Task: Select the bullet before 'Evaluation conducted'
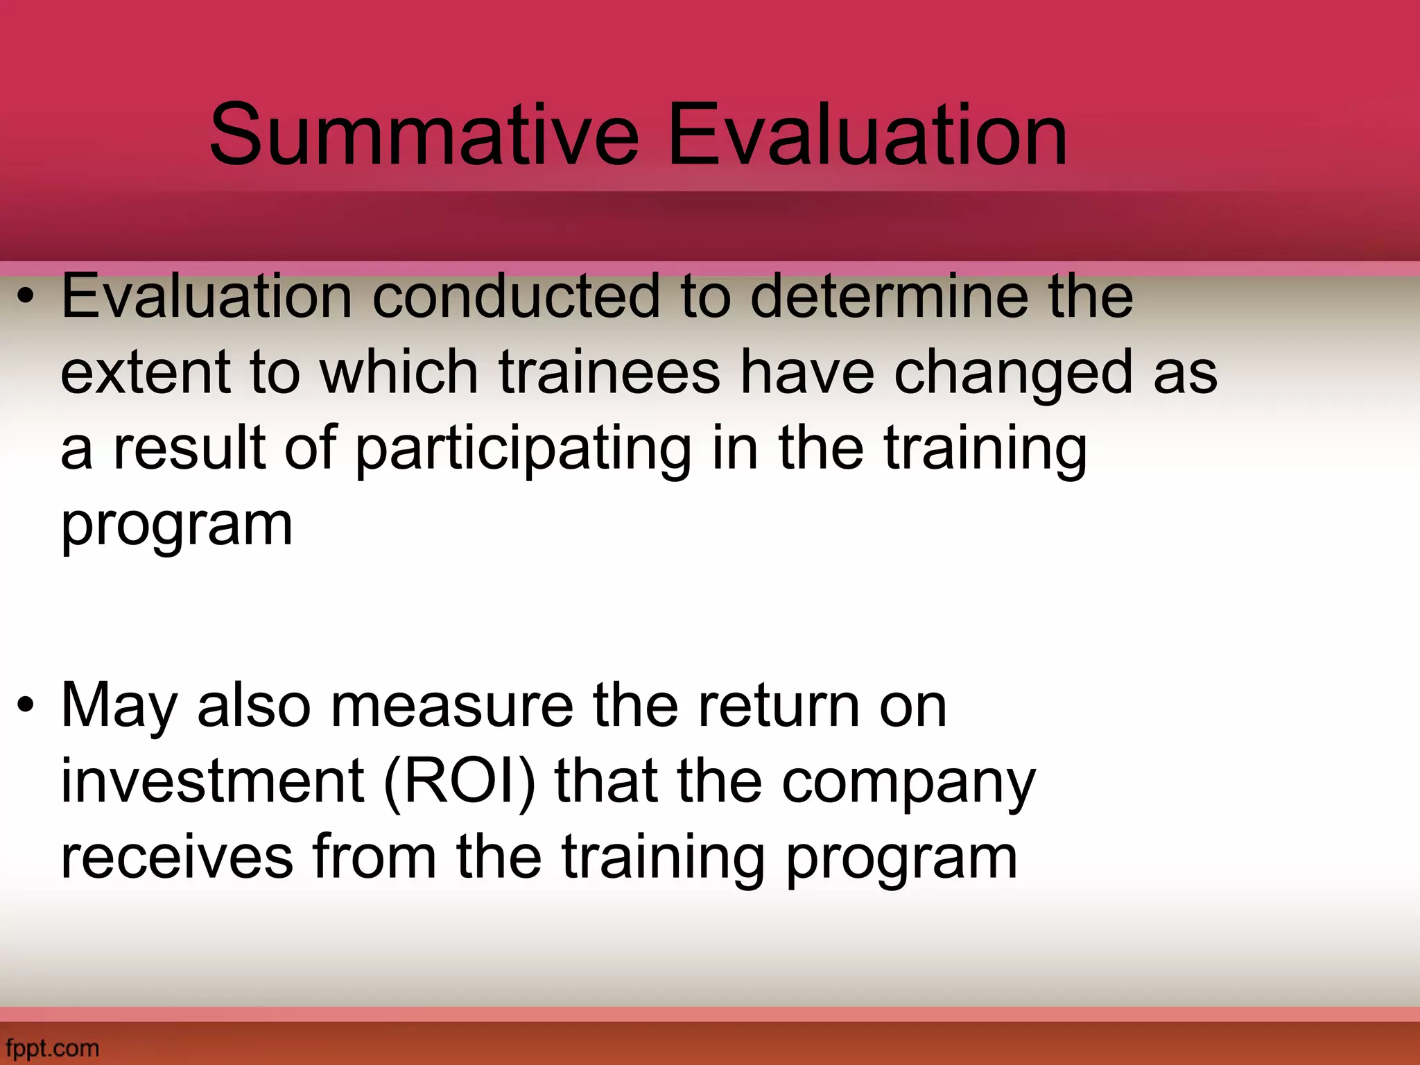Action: click(26, 298)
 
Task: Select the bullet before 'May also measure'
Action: click(26, 707)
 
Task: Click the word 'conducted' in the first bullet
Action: click(516, 297)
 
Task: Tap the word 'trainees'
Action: click(609, 373)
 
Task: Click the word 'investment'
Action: click(212, 782)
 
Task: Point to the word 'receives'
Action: click(177, 858)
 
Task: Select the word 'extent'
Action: click(146, 373)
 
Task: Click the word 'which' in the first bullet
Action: click(399, 373)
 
